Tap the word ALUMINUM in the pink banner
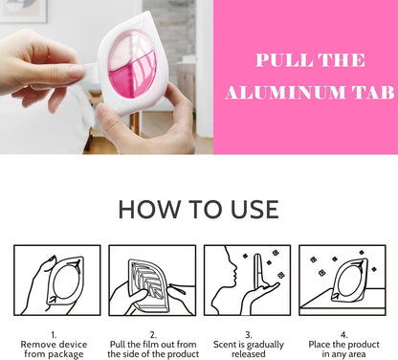click(285, 93)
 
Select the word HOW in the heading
click(149, 210)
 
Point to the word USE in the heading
click(254, 210)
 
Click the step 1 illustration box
click(57, 281)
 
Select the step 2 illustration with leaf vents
click(152, 281)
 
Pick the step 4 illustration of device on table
click(343, 281)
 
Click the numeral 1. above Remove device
click(54, 335)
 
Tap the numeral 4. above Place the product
click(343, 335)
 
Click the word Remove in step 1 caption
click(37, 345)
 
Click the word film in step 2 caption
click(152, 345)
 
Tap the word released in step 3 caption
click(249, 354)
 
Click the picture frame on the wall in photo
click(24, 11)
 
